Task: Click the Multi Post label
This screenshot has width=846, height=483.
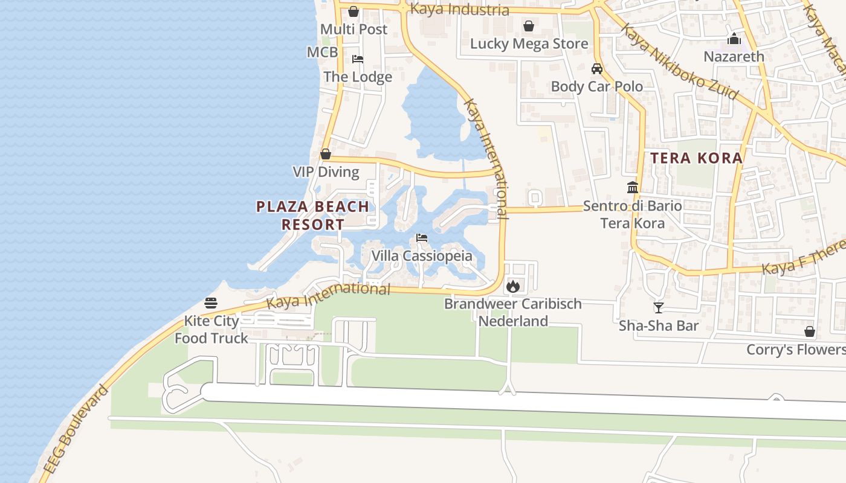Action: pyautogui.click(x=354, y=29)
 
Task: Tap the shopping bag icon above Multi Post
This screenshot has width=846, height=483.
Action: pyautogui.click(x=354, y=11)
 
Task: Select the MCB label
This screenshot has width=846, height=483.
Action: pyautogui.click(x=322, y=52)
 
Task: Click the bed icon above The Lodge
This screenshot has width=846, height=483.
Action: pyautogui.click(x=358, y=59)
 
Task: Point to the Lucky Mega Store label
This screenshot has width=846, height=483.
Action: pyautogui.click(x=529, y=43)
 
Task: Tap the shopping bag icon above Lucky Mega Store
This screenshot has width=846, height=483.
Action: pyautogui.click(x=529, y=26)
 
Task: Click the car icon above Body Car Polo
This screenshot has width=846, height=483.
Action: pyautogui.click(x=597, y=69)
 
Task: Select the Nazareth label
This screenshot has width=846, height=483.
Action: pyautogui.click(x=734, y=56)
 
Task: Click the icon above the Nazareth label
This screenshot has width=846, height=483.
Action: pyautogui.click(x=734, y=39)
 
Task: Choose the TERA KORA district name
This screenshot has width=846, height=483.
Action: pyautogui.click(x=696, y=158)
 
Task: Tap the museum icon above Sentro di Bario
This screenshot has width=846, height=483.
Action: pyautogui.click(x=633, y=188)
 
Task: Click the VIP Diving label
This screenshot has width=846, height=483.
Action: pyautogui.click(x=326, y=172)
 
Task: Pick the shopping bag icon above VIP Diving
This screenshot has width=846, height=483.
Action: pyautogui.click(x=326, y=155)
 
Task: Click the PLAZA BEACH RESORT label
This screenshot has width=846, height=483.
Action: pyautogui.click(x=312, y=216)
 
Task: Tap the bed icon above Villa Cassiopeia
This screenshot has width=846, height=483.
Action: pyautogui.click(x=422, y=238)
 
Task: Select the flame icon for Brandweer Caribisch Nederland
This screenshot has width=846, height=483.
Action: pyautogui.click(x=513, y=286)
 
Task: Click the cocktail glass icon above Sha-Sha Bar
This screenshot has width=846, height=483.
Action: pyautogui.click(x=659, y=308)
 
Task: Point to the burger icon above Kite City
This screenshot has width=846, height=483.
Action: pyautogui.click(x=211, y=302)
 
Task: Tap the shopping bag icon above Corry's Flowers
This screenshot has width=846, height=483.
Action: pyautogui.click(x=810, y=332)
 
